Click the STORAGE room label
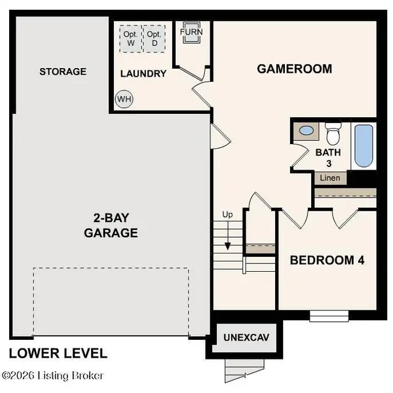coord(62,71)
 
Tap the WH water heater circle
coord(123,100)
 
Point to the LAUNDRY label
coord(143,73)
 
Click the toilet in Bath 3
coord(333,134)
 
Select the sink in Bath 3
coord(306,131)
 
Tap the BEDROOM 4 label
coord(327,260)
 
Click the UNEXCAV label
coord(246,338)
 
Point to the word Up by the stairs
coord(228,215)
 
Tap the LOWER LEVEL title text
coord(58,353)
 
